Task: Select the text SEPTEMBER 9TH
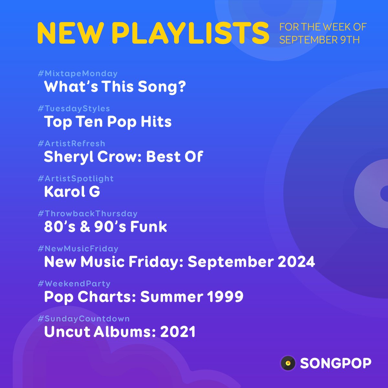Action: pyautogui.click(x=319, y=40)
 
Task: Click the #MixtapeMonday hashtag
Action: pyautogui.click(x=78, y=74)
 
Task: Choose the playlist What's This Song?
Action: pyautogui.click(x=115, y=87)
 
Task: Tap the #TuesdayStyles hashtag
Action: pyautogui.click(x=74, y=109)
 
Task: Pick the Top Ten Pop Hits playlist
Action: pyautogui.click(x=108, y=122)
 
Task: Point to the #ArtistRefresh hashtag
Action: pyautogui.click(x=71, y=144)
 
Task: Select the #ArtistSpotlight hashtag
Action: pyautogui.click(x=76, y=178)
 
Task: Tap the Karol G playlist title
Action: pyautogui.click(x=72, y=192)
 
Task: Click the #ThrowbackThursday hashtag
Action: pyautogui.click(x=88, y=214)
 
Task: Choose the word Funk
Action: pyautogui.click(x=148, y=227)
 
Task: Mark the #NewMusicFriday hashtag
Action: pyautogui.click(x=78, y=249)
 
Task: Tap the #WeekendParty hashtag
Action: pyautogui.click(x=74, y=284)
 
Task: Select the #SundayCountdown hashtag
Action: pyautogui.click(x=84, y=319)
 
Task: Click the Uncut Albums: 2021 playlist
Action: pyautogui.click(x=120, y=332)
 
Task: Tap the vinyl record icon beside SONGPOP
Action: pyautogui.click(x=288, y=363)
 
